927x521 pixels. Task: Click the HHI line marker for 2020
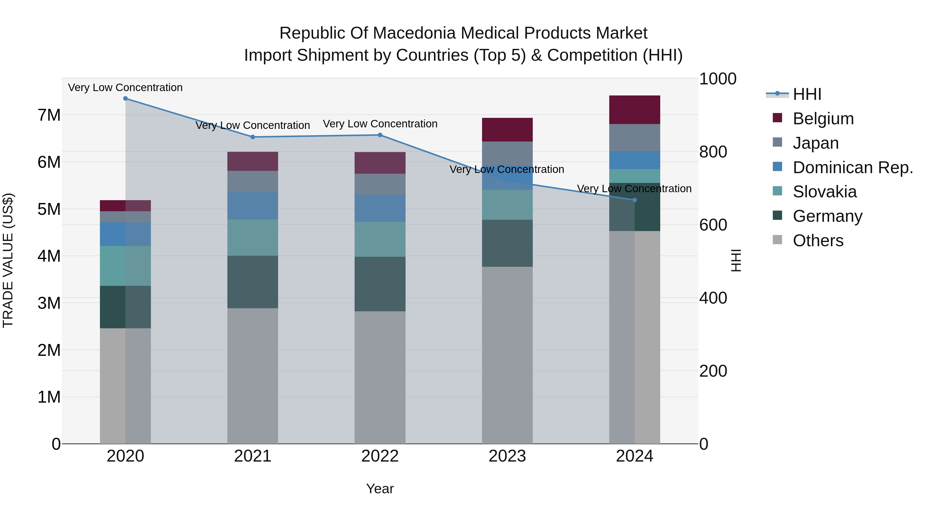(125, 99)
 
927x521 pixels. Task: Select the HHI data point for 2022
(380, 135)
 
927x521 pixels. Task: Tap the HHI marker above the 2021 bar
(253, 137)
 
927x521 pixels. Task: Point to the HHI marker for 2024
(634, 200)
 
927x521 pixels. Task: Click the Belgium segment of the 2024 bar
(634, 110)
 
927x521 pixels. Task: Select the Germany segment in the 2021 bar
(253, 282)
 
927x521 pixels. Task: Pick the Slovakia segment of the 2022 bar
(380, 239)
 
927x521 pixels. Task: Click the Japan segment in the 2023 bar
(507, 153)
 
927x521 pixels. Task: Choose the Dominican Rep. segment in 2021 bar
(253, 206)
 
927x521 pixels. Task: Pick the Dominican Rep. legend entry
(853, 167)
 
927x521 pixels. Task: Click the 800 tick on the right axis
(713, 152)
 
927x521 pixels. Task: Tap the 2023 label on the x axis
(507, 456)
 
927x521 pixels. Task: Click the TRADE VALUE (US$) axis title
(8, 260)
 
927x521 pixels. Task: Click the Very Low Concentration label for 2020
(125, 87)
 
